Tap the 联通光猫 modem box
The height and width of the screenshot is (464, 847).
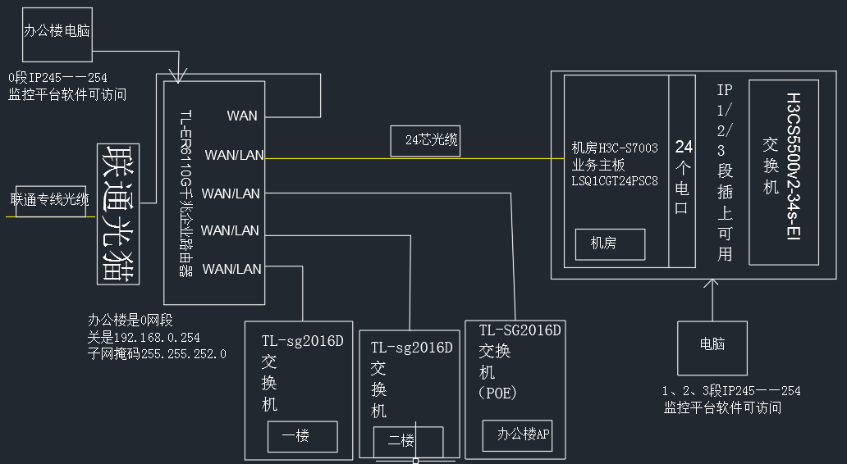[118, 213]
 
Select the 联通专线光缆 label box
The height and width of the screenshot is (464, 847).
[50, 200]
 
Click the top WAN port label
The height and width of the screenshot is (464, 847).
[242, 116]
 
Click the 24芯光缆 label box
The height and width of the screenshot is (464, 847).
[425, 141]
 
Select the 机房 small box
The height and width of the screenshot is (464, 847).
[609, 244]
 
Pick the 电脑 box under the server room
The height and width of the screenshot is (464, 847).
[712, 346]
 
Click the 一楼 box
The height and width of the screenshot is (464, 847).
[302, 437]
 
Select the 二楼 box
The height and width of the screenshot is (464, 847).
[401, 441]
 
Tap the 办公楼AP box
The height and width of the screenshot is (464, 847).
[517, 435]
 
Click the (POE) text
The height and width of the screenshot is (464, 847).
[498, 392]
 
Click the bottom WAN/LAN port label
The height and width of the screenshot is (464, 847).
[232, 269]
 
